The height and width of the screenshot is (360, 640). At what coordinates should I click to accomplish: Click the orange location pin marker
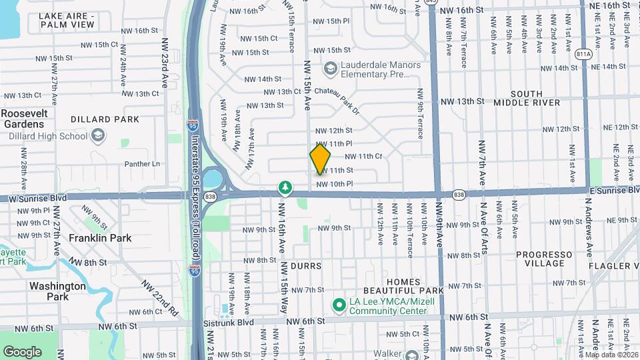(320, 159)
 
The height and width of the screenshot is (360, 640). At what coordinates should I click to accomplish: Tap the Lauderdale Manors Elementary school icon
(329, 69)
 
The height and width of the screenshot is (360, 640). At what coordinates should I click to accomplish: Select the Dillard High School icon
(98, 137)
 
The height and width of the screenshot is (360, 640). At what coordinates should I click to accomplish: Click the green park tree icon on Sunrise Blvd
(285, 187)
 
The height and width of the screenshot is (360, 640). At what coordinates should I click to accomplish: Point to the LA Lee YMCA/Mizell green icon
(338, 305)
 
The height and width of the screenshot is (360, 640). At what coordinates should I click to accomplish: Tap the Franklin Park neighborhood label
(100, 238)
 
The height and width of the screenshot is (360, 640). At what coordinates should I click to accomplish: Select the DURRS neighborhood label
(305, 266)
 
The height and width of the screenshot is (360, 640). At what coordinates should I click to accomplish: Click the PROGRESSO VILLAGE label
(544, 259)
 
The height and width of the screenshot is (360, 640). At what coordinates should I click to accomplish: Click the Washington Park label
(57, 291)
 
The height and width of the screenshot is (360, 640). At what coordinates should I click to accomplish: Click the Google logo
(22, 351)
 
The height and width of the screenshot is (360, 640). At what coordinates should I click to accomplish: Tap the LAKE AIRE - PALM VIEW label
(67, 19)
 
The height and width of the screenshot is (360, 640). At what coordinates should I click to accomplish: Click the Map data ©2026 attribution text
(611, 355)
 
